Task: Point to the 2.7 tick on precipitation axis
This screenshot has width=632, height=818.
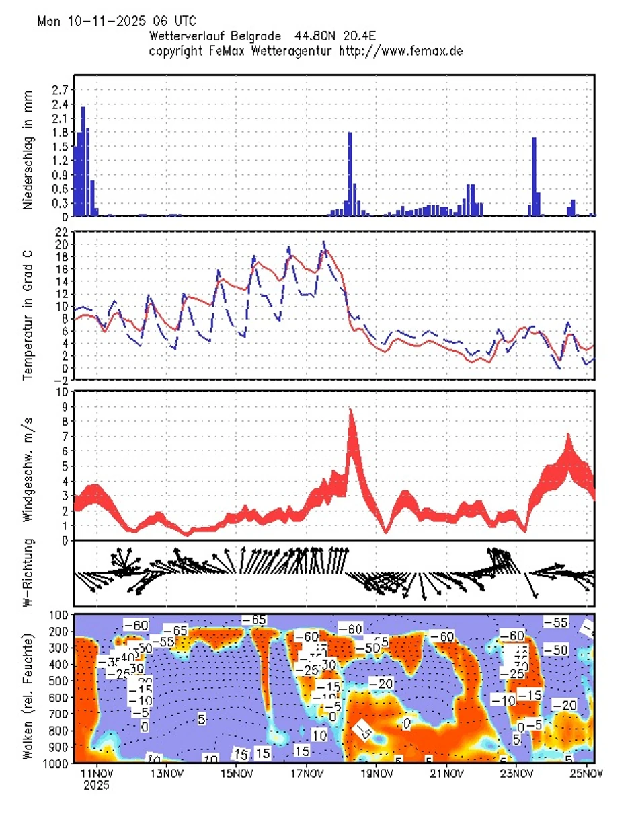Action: [59, 89]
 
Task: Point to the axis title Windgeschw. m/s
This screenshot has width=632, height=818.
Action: [28, 466]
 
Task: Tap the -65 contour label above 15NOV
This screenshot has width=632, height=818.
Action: [254, 619]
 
